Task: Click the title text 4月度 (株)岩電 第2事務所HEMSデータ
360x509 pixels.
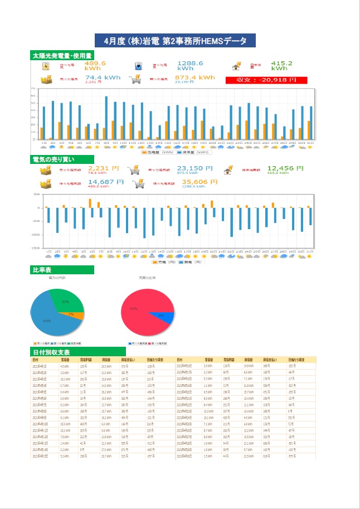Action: click(x=175, y=41)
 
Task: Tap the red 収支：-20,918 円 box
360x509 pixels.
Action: click(x=266, y=80)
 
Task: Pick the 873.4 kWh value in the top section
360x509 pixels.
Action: click(x=190, y=77)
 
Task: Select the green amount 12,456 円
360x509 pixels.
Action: click(x=285, y=167)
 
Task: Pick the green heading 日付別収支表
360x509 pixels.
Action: click(x=51, y=352)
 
